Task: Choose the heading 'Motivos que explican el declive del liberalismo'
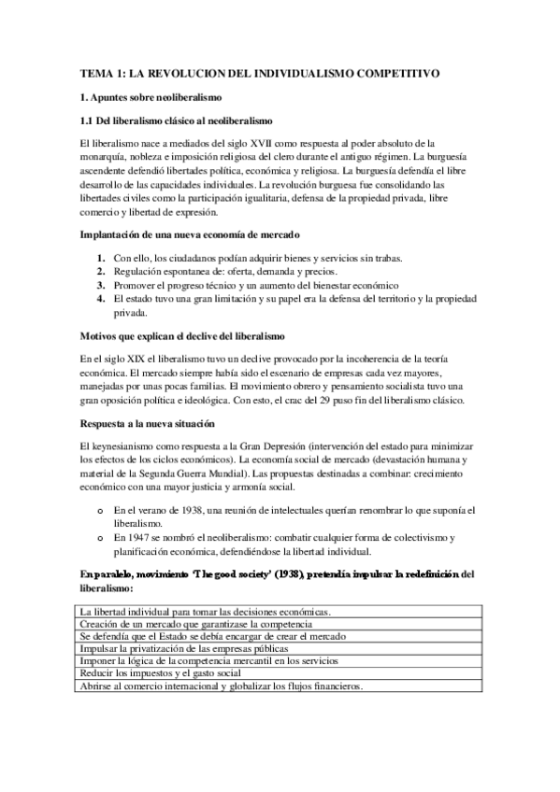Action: click(196, 334)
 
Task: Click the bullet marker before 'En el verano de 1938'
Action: click(99, 511)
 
